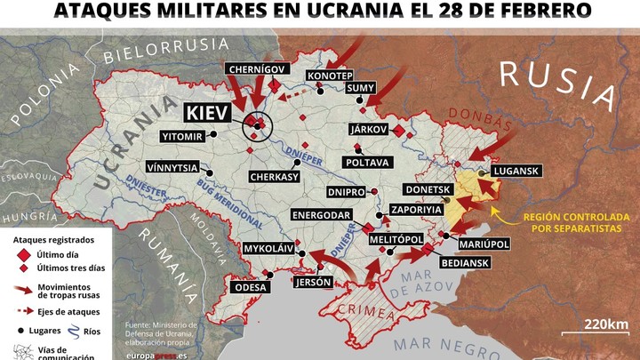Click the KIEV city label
206,113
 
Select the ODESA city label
250,287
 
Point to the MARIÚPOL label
483,243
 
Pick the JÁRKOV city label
369,130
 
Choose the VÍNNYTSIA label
172,166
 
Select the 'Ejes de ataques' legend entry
68,311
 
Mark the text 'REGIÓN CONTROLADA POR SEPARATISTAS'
576,223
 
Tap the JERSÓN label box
312,282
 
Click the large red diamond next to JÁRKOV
399,131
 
